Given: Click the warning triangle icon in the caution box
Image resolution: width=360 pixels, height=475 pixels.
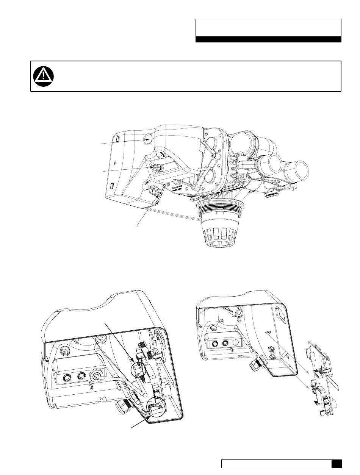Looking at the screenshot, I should tap(43, 77).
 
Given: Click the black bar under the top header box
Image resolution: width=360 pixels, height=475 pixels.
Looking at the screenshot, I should tap(268, 39).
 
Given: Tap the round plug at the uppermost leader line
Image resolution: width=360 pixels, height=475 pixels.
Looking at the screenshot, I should tap(148, 139).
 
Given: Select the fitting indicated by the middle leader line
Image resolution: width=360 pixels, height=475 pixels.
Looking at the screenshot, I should tap(156, 167).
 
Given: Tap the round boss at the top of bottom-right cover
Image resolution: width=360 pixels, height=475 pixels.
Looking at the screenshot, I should tap(238, 314).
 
